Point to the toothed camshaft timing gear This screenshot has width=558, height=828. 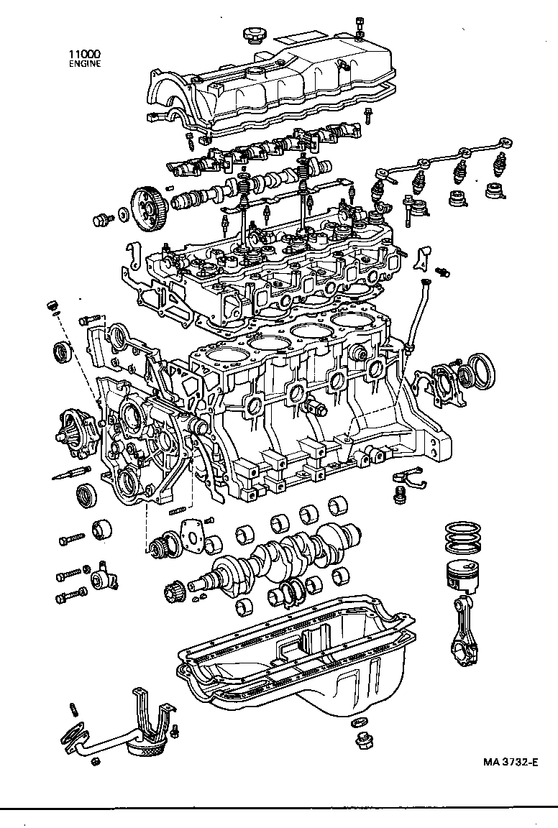pos(150,203)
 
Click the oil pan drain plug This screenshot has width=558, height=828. pos(362,740)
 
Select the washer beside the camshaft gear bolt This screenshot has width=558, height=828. pos(123,213)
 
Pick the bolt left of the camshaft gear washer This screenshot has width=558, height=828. pos(102,218)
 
